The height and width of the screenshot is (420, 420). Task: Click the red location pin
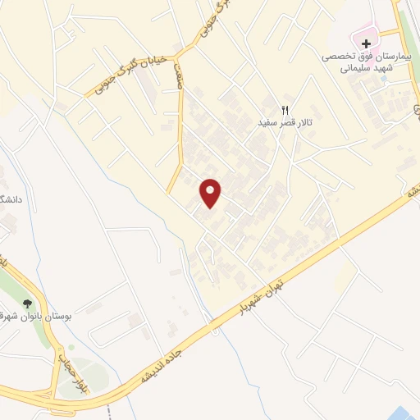(211, 193)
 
